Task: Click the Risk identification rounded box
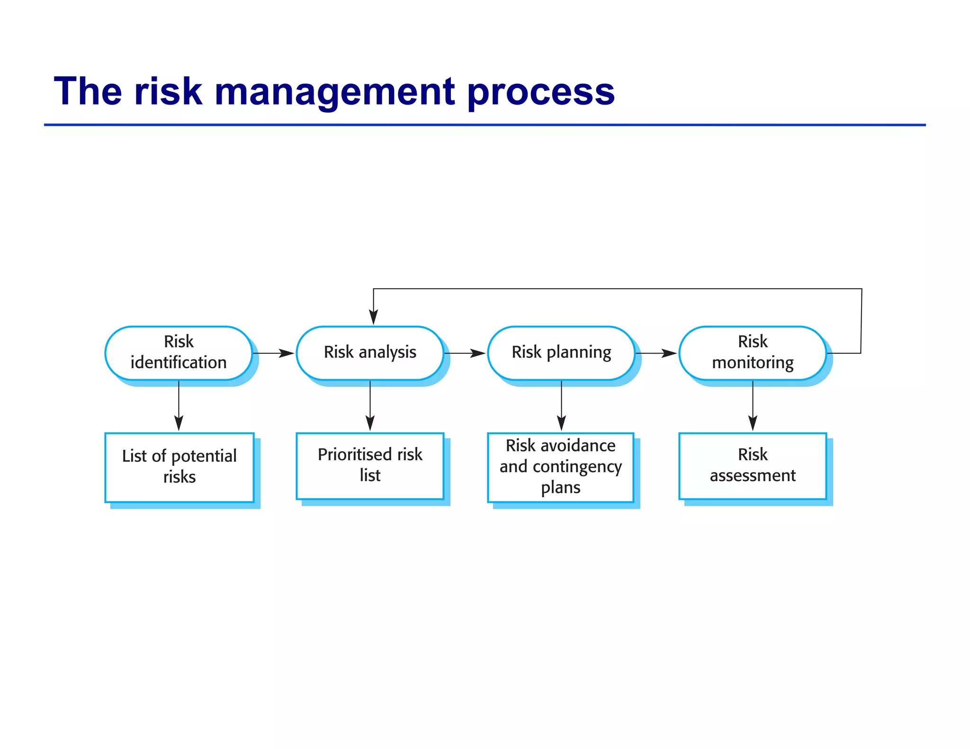click(179, 353)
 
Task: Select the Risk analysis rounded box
click(370, 353)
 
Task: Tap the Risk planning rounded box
click(561, 353)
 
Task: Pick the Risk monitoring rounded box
click(753, 353)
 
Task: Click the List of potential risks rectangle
click(180, 467)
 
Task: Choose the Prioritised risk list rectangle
click(370, 466)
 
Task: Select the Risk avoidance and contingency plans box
click(561, 467)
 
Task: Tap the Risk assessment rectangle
click(753, 466)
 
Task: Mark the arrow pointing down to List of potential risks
click(179, 407)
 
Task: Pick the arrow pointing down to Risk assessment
click(753, 407)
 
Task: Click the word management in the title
click(335, 92)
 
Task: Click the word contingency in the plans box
click(577, 467)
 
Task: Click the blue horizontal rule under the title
click(485, 125)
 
